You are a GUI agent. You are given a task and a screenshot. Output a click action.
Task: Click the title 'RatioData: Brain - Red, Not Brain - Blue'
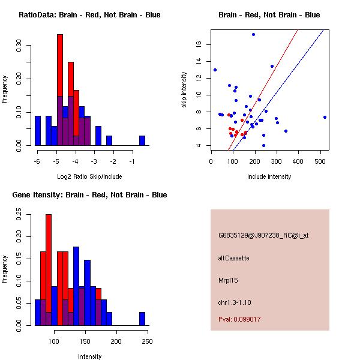click(x=89, y=15)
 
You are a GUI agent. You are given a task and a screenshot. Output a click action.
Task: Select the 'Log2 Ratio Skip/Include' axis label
click(x=89, y=176)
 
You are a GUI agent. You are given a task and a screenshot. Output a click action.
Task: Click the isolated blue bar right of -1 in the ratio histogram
click(x=142, y=140)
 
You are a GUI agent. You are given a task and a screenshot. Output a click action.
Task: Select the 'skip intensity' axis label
click(x=185, y=90)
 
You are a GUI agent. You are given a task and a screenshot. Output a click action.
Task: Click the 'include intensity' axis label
click(x=269, y=176)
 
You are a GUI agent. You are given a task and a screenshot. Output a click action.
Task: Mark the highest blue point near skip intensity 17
click(x=253, y=34)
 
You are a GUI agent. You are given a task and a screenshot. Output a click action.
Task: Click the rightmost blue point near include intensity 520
click(x=325, y=117)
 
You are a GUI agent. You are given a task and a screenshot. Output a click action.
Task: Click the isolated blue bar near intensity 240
click(x=142, y=319)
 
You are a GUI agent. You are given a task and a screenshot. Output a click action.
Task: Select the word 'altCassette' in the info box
click(x=234, y=258)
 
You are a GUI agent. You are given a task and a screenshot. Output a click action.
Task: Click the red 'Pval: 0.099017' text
click(x=239, y=319)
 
